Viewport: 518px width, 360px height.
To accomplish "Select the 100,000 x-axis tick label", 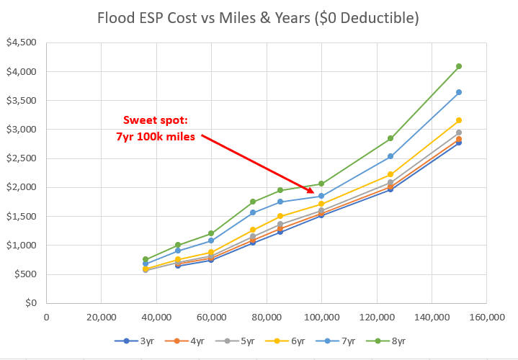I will (x=321, y=315).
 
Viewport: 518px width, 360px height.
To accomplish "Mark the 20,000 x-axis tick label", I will (x=102, y=315).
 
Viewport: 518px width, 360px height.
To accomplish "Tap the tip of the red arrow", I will (x=315, y=192).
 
